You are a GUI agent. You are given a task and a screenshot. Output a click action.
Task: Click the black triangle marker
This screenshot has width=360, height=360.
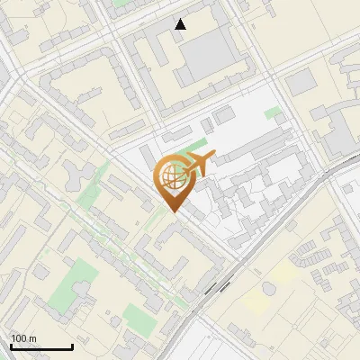point(181,24)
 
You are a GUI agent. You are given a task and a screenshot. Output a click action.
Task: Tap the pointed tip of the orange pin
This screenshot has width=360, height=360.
point(175,211)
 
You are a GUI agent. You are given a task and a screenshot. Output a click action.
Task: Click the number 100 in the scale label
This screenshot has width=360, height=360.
point(20,338)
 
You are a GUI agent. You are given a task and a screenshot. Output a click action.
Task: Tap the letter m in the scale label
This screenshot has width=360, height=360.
point(32,338)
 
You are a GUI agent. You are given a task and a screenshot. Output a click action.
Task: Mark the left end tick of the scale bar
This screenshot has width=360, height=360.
point(11,346)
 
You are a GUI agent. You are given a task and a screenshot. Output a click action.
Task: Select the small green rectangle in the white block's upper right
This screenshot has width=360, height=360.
point(272,114)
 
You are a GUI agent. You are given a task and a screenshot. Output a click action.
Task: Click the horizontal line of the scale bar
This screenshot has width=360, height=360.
point(41,347)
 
